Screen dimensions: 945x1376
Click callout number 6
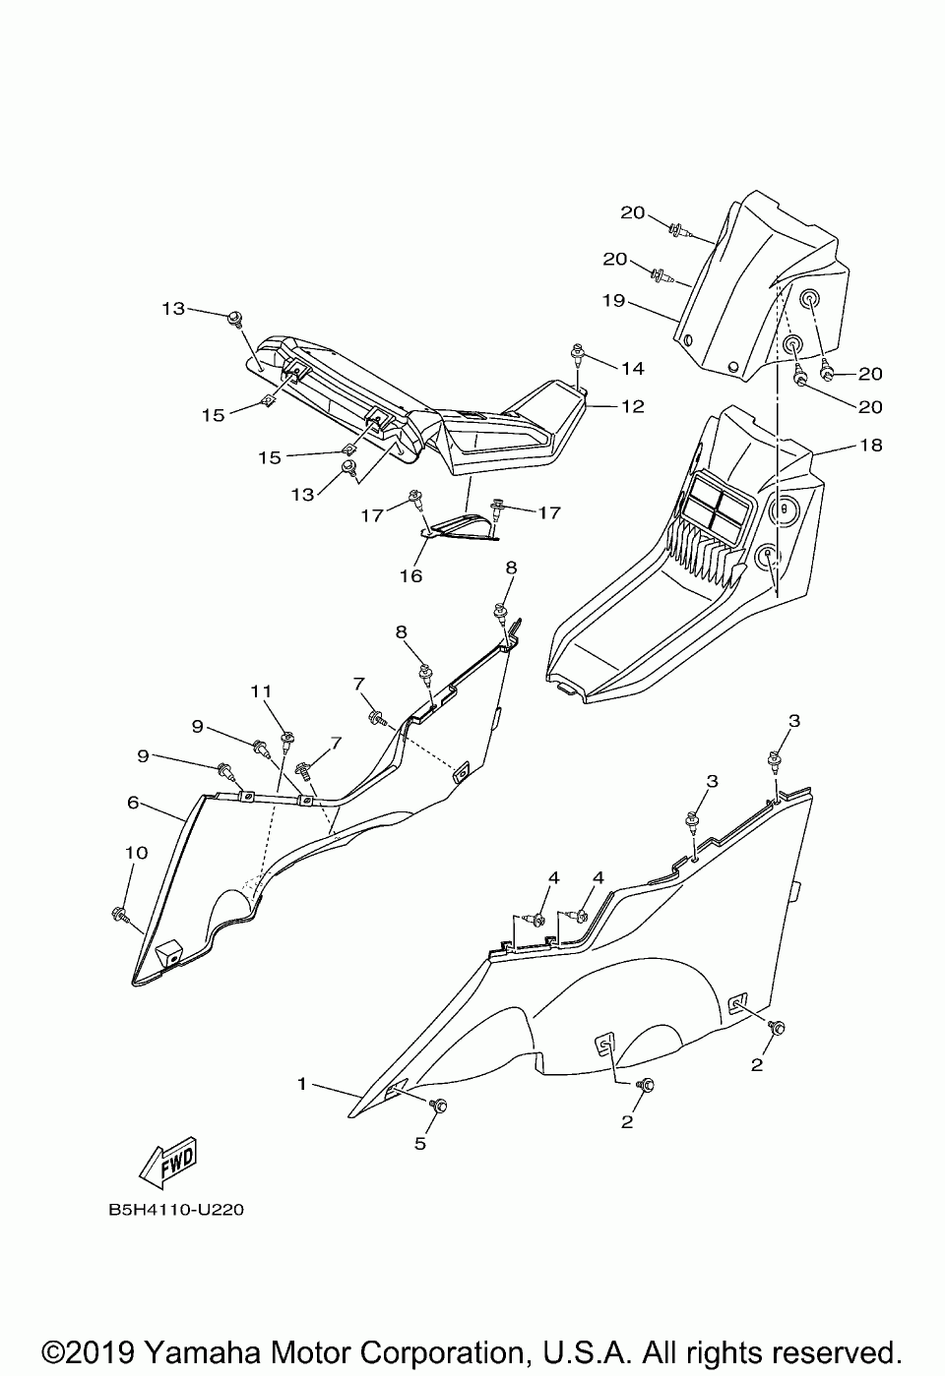(134, 803)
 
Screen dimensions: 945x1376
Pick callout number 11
(261, 691)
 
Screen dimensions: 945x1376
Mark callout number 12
(633, 406)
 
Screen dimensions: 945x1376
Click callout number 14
(633, 368)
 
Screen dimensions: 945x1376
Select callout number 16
(411, 575)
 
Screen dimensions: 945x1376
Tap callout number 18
(870, 445)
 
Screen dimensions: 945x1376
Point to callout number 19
(613, 300)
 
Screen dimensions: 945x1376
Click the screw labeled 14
(578, 354)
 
